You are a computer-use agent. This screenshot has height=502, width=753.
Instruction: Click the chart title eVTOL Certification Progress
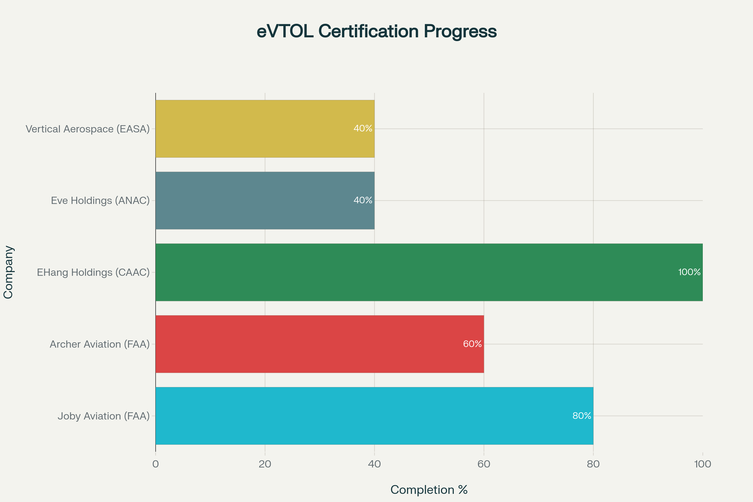pos(376,32)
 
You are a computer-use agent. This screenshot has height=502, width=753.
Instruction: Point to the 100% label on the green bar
pos(689,272)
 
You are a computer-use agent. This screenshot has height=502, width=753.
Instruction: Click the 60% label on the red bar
pos(472,344)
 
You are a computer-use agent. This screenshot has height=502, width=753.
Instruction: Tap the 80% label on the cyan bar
pos(582,415)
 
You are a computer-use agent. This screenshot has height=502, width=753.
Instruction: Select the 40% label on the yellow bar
pos(363,128)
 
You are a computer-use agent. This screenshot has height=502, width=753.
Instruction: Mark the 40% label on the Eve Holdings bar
pos(363,200)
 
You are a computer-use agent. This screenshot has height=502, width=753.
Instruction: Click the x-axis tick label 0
pos(156,464)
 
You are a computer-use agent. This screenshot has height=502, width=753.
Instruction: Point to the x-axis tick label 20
pos(265,464)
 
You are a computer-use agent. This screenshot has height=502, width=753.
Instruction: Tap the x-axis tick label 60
pos(484,464)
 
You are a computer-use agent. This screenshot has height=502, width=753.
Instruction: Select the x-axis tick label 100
pos(702,464)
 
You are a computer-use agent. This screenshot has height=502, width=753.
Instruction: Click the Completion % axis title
pos(429,490)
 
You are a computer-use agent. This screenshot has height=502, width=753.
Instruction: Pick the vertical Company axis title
pos(8,272)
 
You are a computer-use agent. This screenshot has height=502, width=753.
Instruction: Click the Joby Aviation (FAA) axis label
pos(104,416)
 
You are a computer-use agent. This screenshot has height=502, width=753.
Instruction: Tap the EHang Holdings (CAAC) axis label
pos(93,272)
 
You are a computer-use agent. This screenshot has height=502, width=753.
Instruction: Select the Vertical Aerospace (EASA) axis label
pos(88,129)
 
